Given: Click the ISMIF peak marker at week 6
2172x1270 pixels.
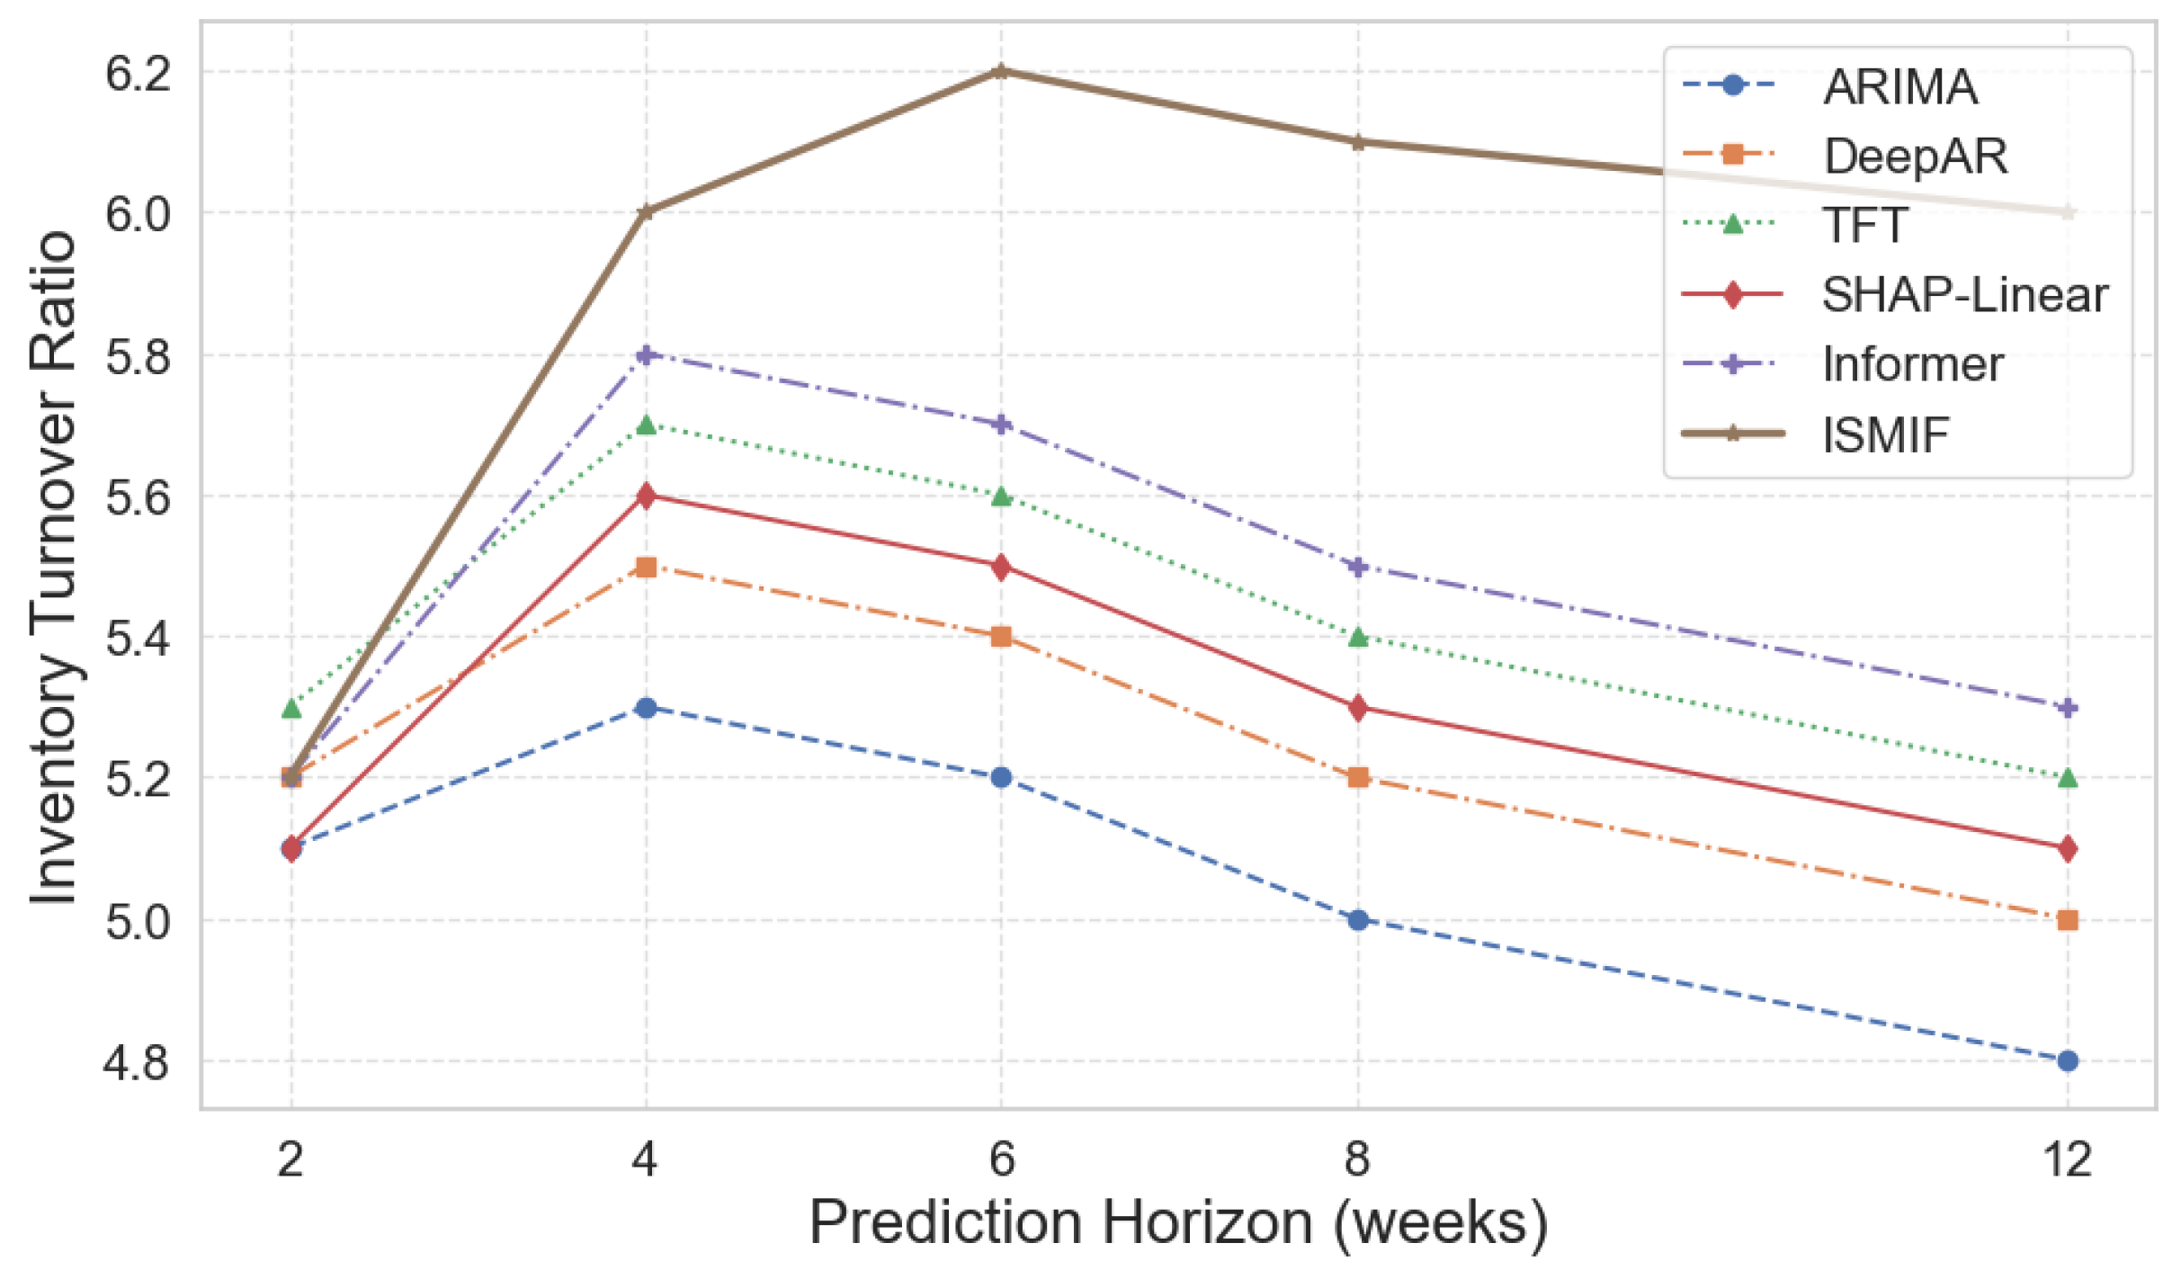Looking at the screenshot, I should [1000, 71].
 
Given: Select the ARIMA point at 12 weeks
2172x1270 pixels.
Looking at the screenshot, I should [2067, 1060].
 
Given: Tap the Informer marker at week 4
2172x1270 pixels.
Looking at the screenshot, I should [645, 354].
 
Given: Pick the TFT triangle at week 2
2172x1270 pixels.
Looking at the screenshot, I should [290, 709].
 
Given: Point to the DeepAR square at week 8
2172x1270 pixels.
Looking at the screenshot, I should [1357, 777].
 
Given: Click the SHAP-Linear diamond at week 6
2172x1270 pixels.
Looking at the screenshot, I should [1000, 567].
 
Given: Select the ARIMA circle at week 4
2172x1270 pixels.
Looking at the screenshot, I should [645, 708].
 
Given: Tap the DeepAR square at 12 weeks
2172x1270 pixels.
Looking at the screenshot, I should [2067, 920].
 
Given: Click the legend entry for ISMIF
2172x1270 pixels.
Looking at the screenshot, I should [1884, 434].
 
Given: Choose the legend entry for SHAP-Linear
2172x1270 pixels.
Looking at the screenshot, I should [1963, 295].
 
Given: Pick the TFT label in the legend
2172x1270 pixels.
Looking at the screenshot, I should [1864, 225].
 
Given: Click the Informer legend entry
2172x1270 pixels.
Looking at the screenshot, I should [1912, 364].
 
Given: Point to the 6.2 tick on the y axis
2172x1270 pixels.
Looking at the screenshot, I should [138, 73].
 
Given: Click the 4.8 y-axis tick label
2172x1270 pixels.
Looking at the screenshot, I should [138, 1062].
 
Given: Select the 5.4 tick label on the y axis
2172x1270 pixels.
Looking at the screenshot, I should [138, 639].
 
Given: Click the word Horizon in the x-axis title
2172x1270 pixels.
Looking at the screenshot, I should [1210, 1223].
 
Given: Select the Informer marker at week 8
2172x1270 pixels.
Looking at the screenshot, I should [1357, 567].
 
